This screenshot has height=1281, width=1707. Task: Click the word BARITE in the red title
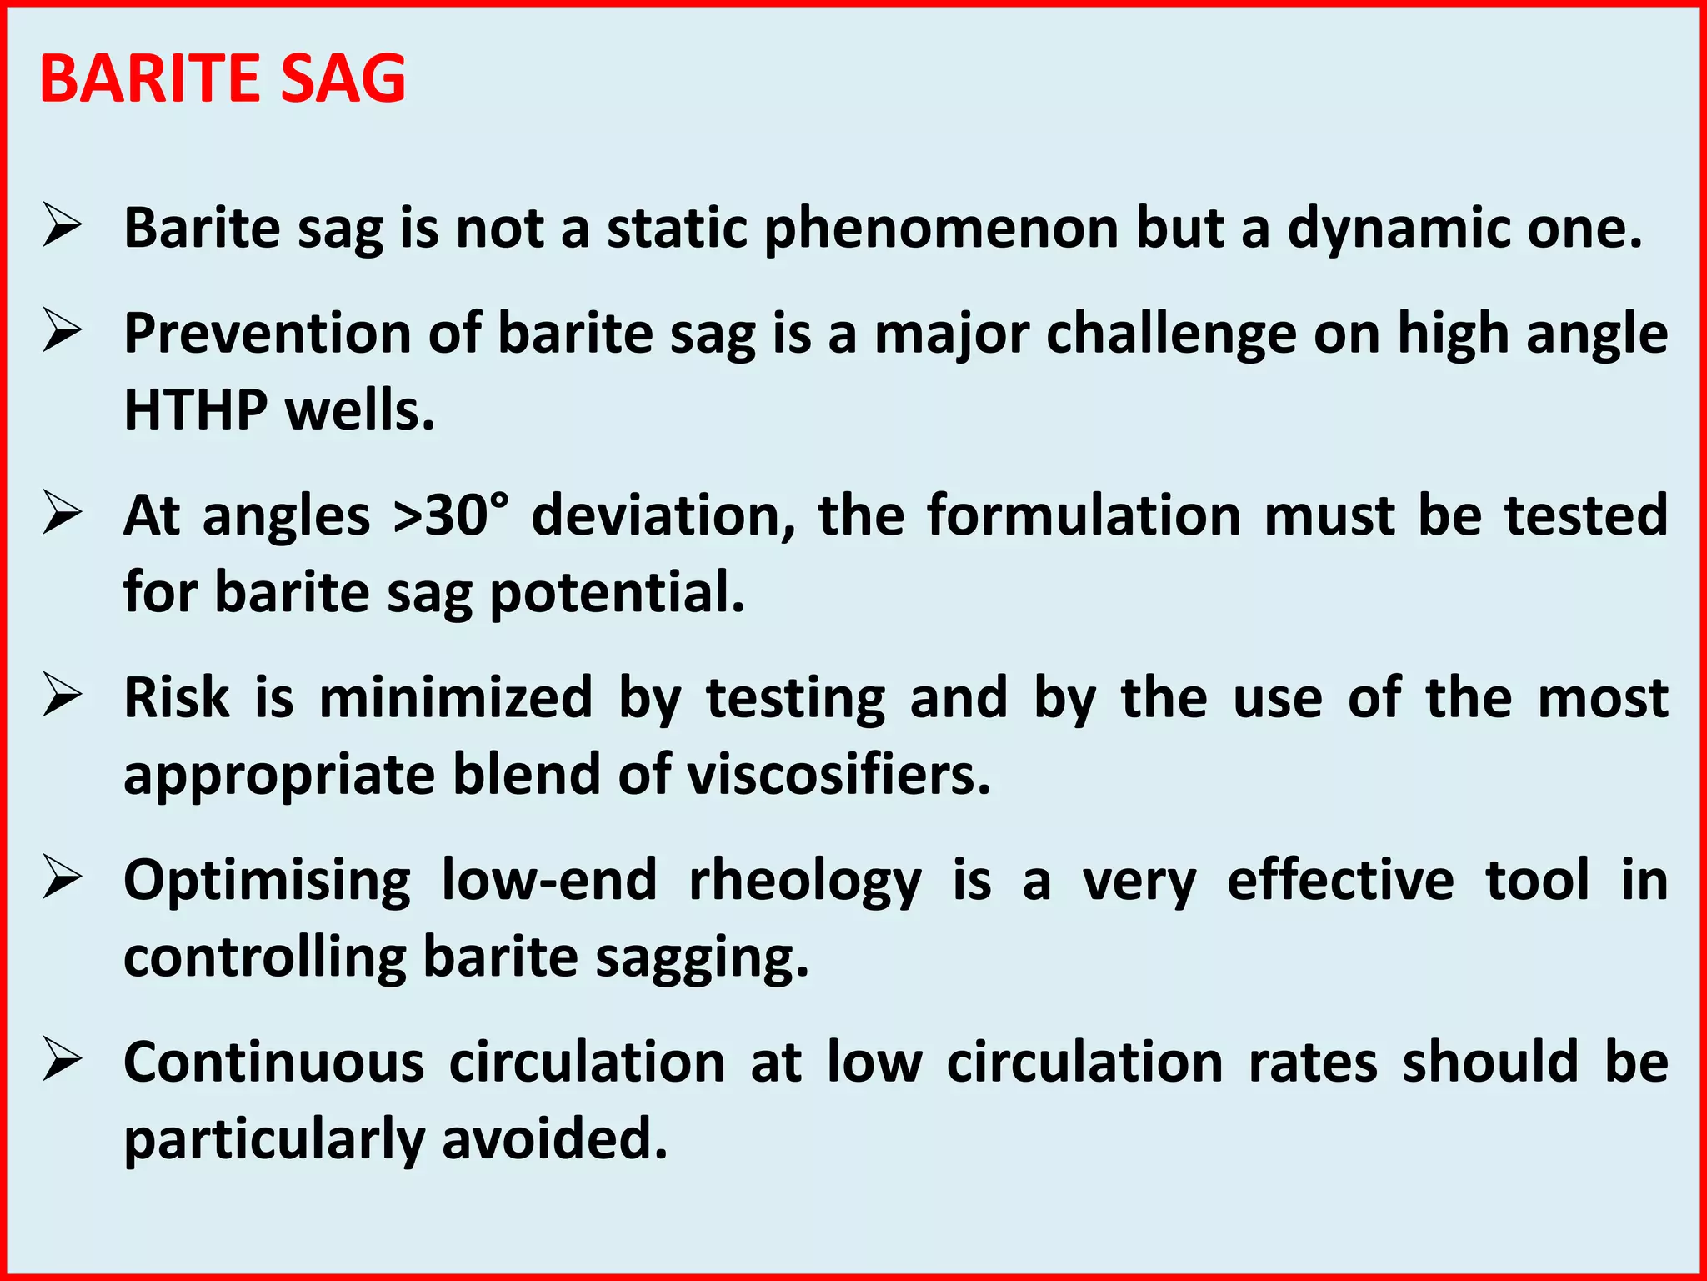(150, 78)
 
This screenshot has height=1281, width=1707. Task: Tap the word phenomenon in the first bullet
(942, 229)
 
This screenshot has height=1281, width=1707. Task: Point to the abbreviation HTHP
(196, 410)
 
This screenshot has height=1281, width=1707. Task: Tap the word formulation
(1084, 515)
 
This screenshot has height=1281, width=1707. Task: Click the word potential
(617, 594)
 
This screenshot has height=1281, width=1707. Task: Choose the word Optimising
(268, 881)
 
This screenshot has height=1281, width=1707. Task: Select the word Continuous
(274, 1062)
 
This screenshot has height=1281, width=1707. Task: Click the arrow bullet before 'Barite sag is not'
(63, 226)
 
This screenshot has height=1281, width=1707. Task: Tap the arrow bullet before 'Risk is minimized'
(63, 696)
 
